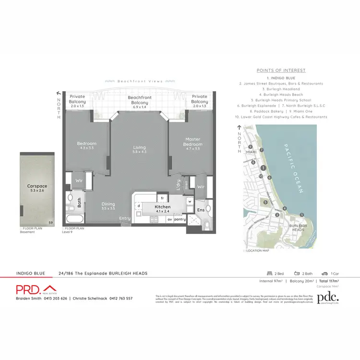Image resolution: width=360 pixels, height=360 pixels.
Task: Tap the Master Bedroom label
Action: [193, 142]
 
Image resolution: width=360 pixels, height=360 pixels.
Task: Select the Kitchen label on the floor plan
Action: [163, 207]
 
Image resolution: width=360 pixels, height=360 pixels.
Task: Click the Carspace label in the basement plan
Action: [36, 185]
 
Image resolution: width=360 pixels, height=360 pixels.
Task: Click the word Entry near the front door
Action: [125, 218]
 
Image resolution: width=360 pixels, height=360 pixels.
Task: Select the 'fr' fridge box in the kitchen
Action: [163, 198]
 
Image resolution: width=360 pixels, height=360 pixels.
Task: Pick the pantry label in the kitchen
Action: [180, 219]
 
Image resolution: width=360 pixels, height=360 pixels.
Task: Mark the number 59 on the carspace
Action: [51, 222]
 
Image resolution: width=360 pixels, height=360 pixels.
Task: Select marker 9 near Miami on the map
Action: [251, 147]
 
